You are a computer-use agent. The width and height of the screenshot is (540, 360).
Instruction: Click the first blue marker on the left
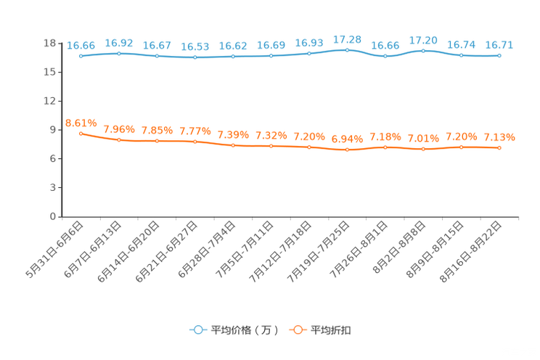coord(81,56)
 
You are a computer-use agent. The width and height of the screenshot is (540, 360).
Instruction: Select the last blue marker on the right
coord(499,55)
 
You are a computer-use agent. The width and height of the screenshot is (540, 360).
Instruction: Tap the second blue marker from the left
coord(119,52)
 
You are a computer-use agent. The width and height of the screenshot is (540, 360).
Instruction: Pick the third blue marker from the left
coord(157,56)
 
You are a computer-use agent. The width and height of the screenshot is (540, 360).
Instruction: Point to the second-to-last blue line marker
coord(461,55)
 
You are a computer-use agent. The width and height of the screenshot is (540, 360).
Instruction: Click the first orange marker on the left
coord(81,133)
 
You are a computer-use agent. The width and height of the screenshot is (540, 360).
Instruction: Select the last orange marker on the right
coord(499,148)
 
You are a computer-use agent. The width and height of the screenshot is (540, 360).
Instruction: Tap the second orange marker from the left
coord(119,139)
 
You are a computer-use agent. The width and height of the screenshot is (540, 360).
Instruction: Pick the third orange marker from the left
coord(157,141)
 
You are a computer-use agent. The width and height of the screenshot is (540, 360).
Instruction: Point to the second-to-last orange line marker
coord(461,147)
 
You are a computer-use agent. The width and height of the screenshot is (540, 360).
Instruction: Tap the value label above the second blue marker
coord(118,42)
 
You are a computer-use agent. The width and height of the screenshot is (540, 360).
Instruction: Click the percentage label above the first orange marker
coord(81,123)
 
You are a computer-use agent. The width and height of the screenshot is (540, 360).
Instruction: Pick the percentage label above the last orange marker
coord(500,137)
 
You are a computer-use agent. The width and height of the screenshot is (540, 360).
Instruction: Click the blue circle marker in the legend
coord(198,330)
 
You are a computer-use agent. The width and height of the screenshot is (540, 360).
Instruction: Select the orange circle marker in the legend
coord(297,330)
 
